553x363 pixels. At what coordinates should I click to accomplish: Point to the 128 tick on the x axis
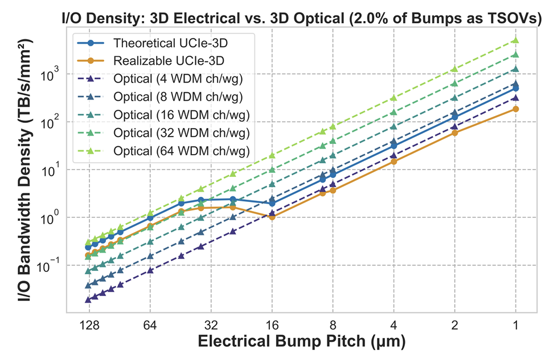pyautogui.click(x=88, y=326)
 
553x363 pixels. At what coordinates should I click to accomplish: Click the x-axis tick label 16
pyautogui.click(x=272, y=326)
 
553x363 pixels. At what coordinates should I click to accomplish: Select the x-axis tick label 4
pyautogui.click(x=394, y=326)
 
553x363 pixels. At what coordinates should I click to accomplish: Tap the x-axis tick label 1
pyautogui.click(x=516, y=326)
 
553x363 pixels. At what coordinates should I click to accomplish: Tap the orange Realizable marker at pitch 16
pyautogui.click(x=272, y=217)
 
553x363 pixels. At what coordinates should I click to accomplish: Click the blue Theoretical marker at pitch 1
pyautogui.click(x=516, y=88)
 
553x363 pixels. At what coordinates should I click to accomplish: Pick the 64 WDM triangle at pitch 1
pyautogui.click(x=516, y=40)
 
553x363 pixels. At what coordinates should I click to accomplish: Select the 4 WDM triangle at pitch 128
pyautogui.click(x=88, y=299)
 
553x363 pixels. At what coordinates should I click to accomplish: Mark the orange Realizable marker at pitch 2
pyautogui.click(x=454, y=133)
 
